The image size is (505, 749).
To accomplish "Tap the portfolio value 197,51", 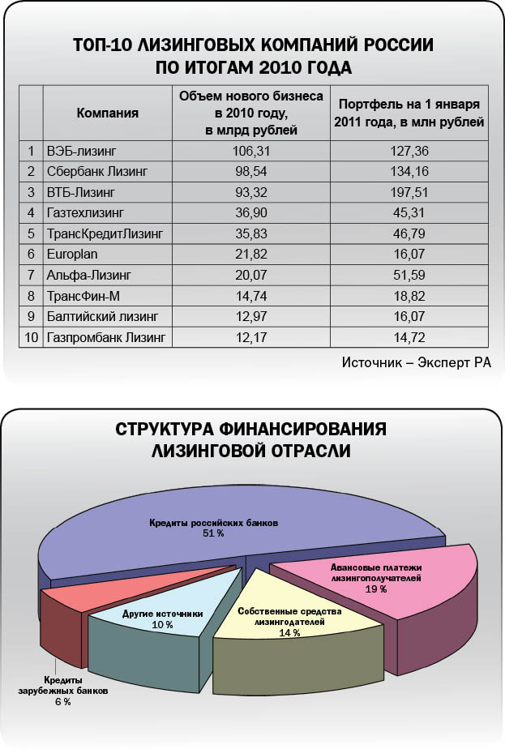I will [410, 192].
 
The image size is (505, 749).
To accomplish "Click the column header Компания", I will [107, 113].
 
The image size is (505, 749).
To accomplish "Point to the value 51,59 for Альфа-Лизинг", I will [410, 276].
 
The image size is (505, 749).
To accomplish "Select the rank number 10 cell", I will [32, 337].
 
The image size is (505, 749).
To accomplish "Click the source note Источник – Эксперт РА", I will [417, 362].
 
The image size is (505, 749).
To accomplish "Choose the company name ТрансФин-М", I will [84, 296].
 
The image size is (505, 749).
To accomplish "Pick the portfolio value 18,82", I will [410, 296].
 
